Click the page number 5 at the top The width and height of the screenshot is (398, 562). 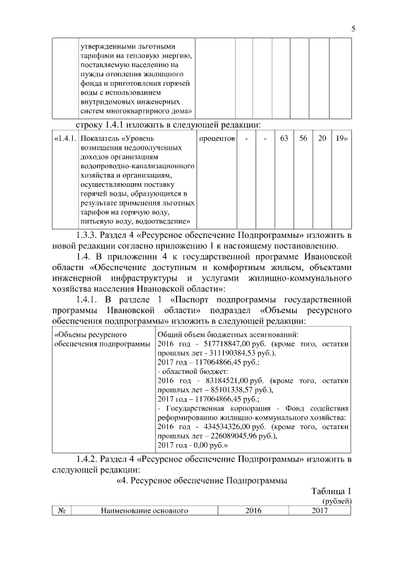[x=353, y=28]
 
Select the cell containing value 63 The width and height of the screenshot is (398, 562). [x=284, y=138]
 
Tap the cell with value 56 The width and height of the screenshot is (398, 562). [x=303, y=138]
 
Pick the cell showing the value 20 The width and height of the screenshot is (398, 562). [x=322, y=138]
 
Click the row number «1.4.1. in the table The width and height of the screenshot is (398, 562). [x=65, y=138]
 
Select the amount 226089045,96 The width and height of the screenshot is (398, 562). [x=218, y=436]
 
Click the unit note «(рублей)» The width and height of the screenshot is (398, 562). [x=336, y=501]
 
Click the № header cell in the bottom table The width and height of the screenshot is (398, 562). [x=62, y=510]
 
